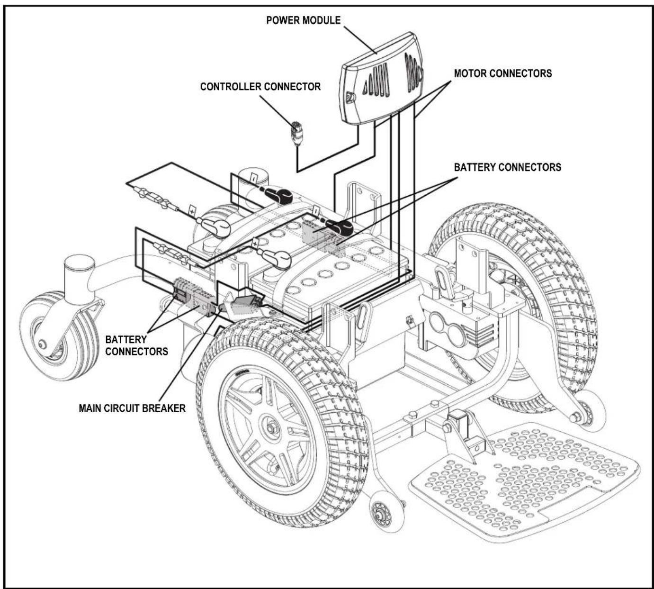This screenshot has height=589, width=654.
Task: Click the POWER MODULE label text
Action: [x=303, y=20]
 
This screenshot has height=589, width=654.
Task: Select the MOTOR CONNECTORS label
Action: [x=503, y=73]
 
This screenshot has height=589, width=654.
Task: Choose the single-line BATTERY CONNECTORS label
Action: [x=507, y=167]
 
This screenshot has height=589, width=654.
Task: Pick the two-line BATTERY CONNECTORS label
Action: [x=136, y=345]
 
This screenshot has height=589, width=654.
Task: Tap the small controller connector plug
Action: [x=298, y=133]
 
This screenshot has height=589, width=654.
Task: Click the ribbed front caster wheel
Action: [x=59, y=336]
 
